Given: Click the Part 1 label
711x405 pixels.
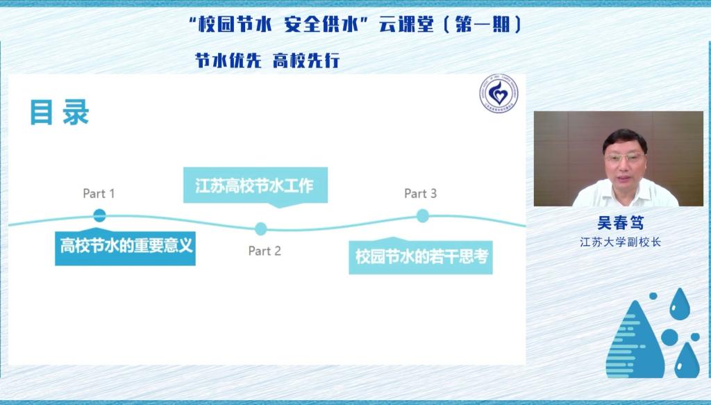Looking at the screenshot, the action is tap(99, 194).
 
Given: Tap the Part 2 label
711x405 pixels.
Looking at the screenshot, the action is tap(265, 251).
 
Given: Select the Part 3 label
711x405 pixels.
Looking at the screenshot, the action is tap(420, 194).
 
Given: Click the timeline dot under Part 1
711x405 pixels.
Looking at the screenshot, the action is tap(99, 215).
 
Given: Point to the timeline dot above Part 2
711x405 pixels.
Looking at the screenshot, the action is tap(261, 229).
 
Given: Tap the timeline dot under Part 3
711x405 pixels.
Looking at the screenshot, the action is tap(423, 216).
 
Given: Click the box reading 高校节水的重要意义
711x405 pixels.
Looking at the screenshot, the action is tap(125, 247).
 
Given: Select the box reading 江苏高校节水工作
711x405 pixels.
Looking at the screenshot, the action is tap(256, 186).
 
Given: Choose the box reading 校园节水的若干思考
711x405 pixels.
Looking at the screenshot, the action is tap(421, 256).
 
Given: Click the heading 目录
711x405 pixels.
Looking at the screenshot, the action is tap(60, 113).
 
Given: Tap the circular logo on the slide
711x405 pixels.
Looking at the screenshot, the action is tap(499, 93).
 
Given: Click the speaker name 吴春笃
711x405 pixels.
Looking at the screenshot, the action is tap(620, 223).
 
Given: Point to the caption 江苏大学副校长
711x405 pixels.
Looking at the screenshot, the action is tap(620, 242).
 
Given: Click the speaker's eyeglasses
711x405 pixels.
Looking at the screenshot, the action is tap(625, 158).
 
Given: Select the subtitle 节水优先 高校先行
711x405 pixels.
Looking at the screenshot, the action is tap(267, 60).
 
